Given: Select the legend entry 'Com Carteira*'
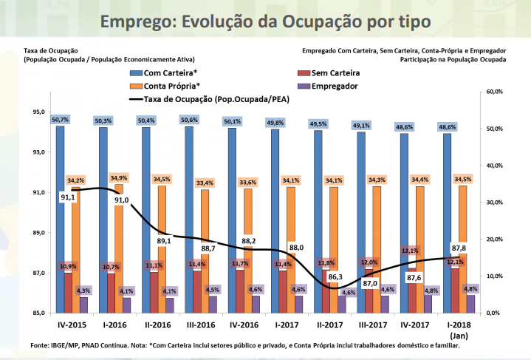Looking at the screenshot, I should click(170, 73).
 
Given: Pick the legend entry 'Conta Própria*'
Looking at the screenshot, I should click(173, 86).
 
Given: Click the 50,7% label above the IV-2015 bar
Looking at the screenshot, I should click(60, 120).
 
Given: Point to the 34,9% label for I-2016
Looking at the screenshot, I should click(118, 178).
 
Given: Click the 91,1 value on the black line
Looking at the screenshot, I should click(68, 197).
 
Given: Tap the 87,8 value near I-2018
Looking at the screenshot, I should click(458, 248).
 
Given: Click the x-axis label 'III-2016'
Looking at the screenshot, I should click(200, 325).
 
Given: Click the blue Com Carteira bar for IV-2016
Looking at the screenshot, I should click(232, 222).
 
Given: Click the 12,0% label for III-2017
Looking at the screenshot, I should click(368, 262).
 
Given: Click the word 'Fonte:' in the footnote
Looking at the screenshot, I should click(41, 345).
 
